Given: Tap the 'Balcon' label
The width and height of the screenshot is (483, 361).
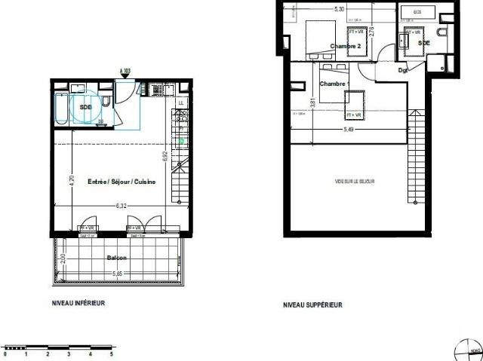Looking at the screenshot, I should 117,258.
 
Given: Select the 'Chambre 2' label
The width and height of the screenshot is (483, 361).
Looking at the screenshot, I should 346,47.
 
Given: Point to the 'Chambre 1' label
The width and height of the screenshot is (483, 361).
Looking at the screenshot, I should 334,84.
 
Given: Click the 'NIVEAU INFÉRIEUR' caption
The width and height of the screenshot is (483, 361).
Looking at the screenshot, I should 78,302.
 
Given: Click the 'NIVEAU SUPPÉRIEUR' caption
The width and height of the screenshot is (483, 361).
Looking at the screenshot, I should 312,305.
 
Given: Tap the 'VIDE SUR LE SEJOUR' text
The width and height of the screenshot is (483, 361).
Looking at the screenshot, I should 355,182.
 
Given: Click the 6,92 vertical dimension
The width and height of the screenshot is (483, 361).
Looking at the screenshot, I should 166,157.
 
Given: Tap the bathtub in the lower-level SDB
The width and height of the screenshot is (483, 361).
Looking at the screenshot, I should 61,109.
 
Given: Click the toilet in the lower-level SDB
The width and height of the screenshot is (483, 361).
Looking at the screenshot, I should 106,101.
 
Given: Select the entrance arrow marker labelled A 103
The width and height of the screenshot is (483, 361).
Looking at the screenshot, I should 125,74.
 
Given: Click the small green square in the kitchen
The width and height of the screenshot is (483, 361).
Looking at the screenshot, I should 181,140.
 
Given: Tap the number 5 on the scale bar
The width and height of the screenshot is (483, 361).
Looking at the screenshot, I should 112,353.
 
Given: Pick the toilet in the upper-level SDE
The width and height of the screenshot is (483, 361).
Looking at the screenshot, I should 444,35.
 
